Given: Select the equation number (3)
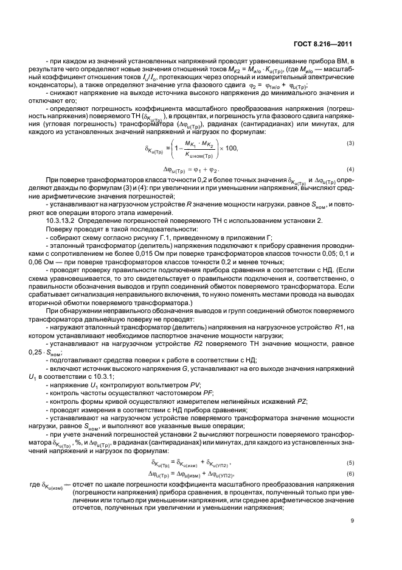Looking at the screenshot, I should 351,143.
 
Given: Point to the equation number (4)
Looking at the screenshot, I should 351,168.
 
